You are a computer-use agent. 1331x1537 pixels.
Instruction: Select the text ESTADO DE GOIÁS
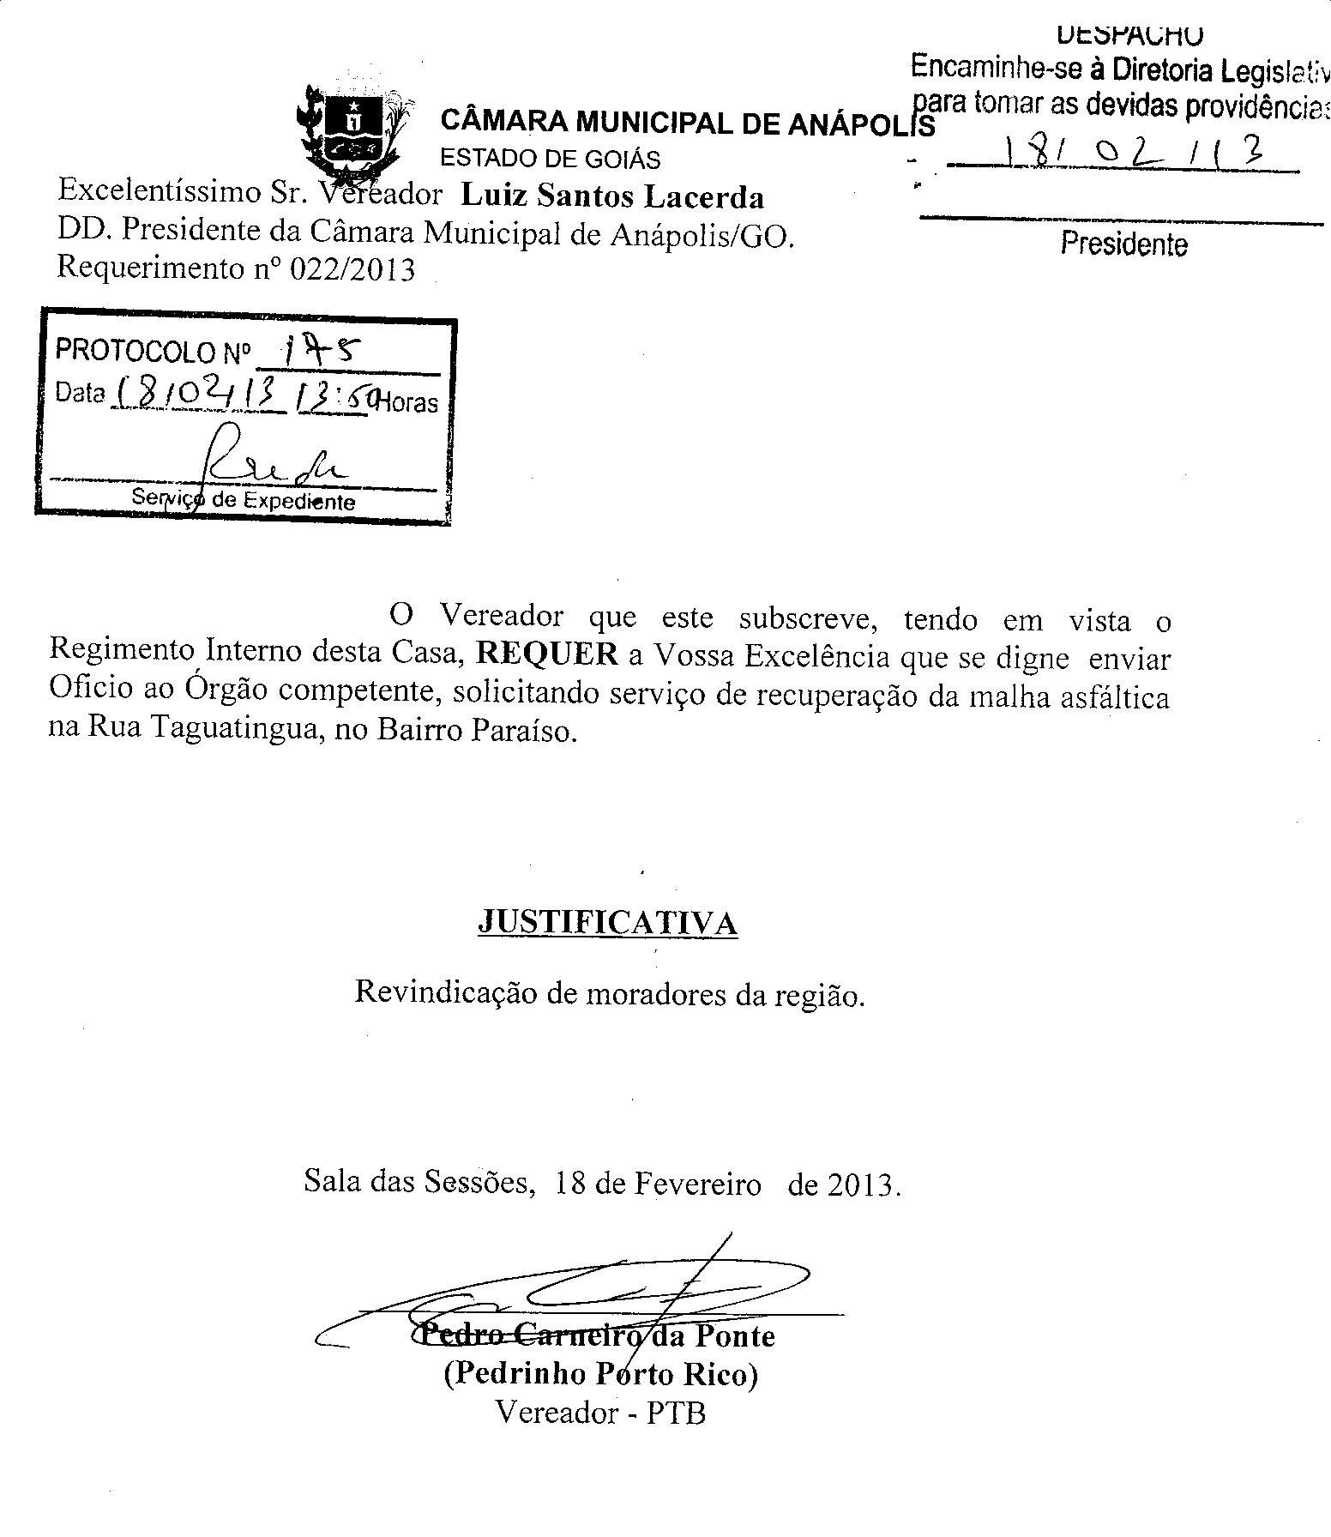pos(550,159)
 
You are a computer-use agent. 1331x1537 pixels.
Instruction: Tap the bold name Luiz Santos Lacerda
pos(612,197)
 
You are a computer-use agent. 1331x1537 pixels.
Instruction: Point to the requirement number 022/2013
pos(352,270)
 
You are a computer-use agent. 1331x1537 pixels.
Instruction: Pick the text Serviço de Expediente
pos(243,501)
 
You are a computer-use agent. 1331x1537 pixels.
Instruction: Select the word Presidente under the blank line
pos(1123,244)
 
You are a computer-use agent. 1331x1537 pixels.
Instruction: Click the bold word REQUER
pos(547,654)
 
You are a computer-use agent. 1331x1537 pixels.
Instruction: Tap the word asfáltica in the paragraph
pos(1114,696)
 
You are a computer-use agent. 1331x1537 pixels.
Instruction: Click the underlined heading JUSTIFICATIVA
pos(607,922)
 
